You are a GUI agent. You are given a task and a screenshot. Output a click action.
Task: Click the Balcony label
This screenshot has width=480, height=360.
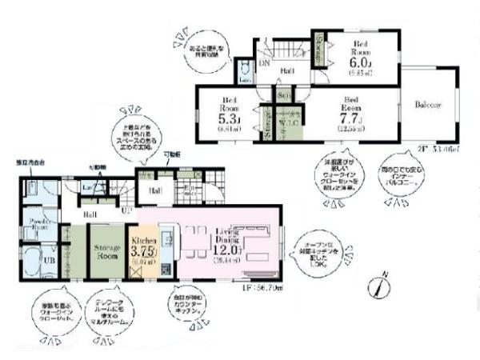[x=430, y=106]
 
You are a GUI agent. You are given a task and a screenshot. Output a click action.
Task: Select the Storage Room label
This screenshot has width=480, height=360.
[x=103, y=252]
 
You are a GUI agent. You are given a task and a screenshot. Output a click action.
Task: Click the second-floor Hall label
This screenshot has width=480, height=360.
[x=288, y=72]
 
